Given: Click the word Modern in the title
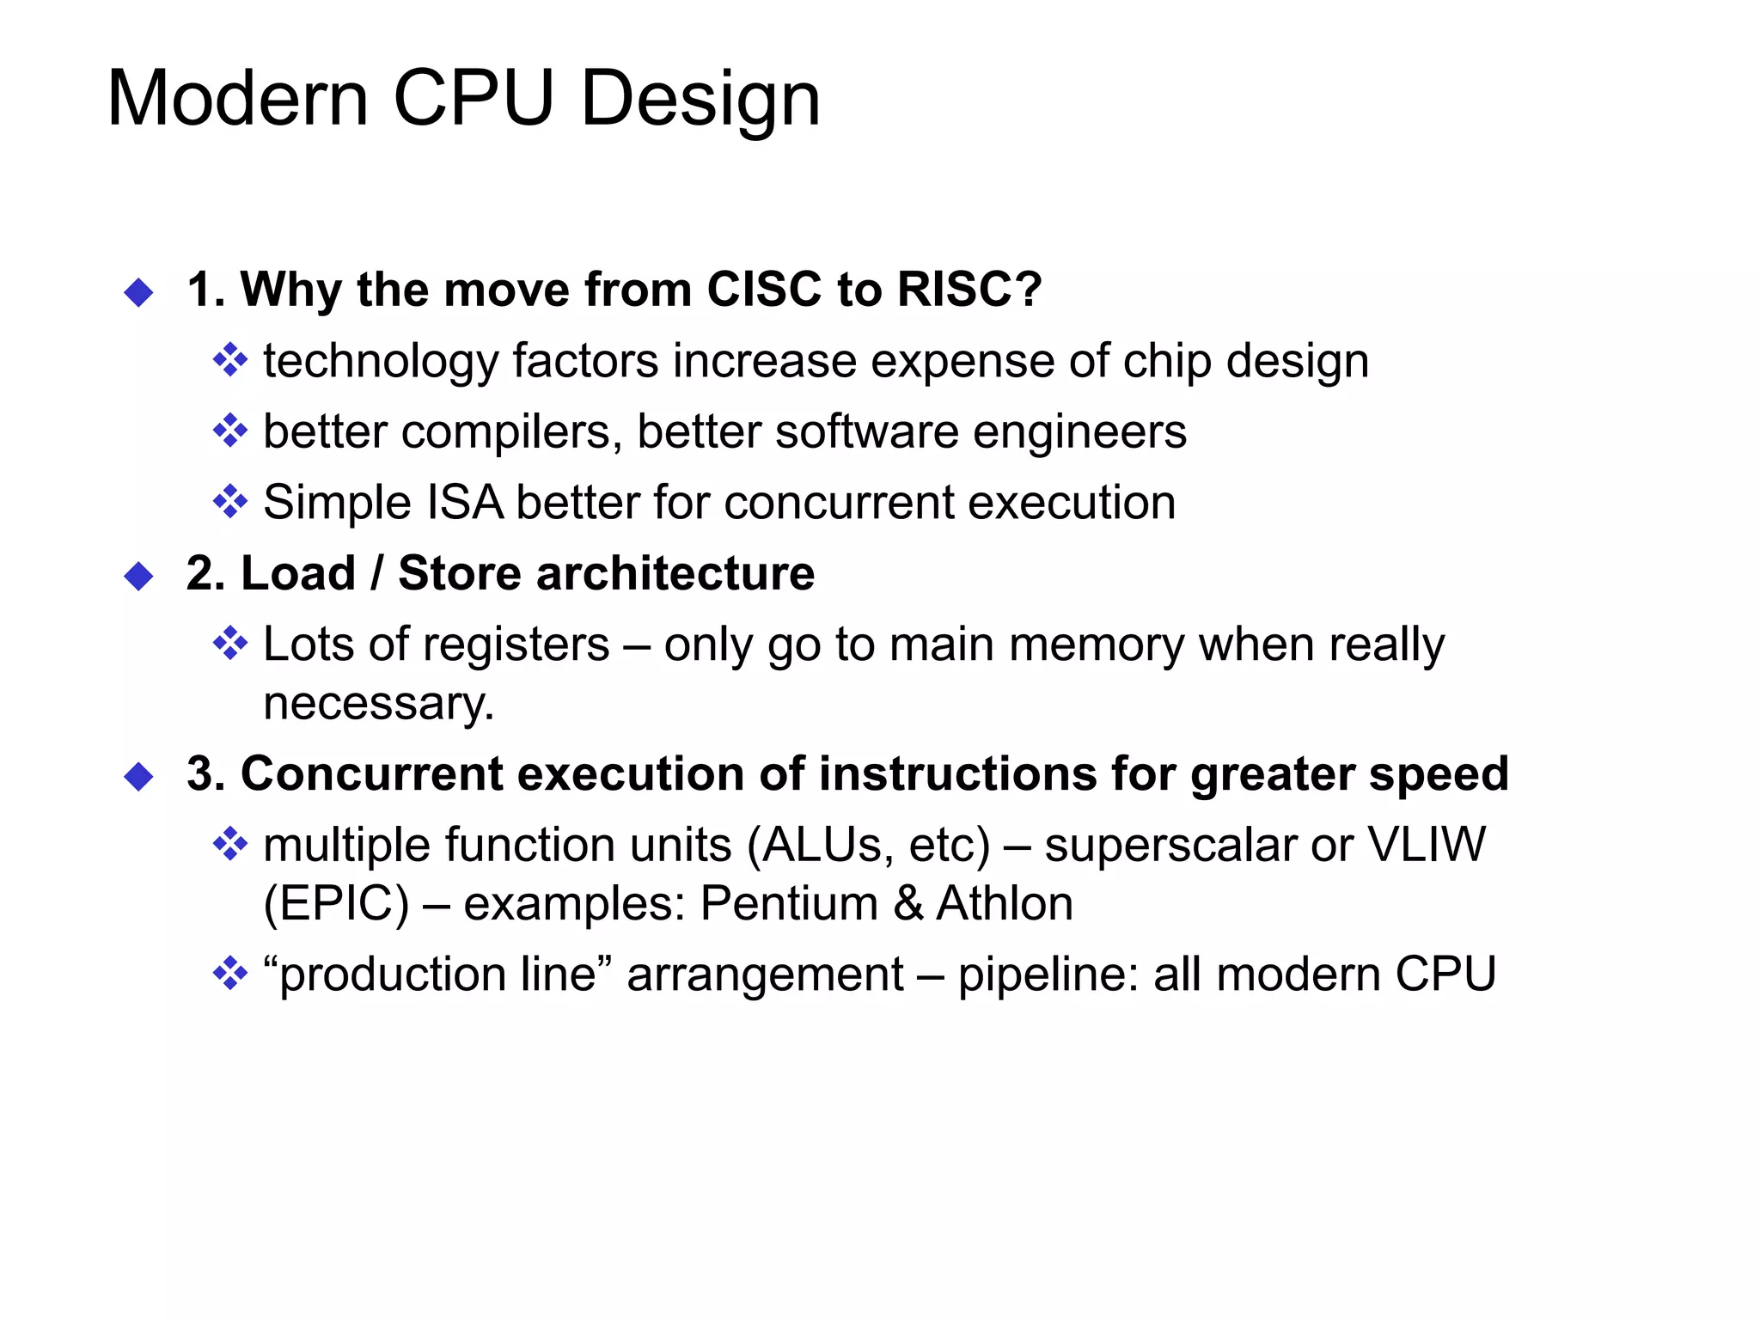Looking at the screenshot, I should (238, 99).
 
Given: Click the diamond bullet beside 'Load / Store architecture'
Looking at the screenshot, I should (138, 576).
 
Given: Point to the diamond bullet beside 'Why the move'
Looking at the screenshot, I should (138, 292).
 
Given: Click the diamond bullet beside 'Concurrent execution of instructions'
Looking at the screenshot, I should (138, 777).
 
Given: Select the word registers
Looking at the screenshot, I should (504, 645).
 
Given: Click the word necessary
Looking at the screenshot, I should (379, 703).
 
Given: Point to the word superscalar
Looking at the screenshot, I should (1170, 845).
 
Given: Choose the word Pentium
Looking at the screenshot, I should (789, 903).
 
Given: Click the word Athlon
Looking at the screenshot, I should (1005, 903).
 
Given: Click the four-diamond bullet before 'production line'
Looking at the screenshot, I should (229, 975).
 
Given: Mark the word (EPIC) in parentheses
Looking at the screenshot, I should (336, 904).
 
